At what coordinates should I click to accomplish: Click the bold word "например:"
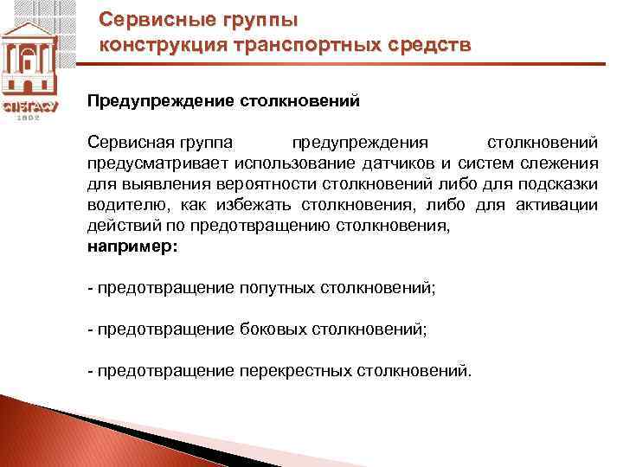(132, 246)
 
